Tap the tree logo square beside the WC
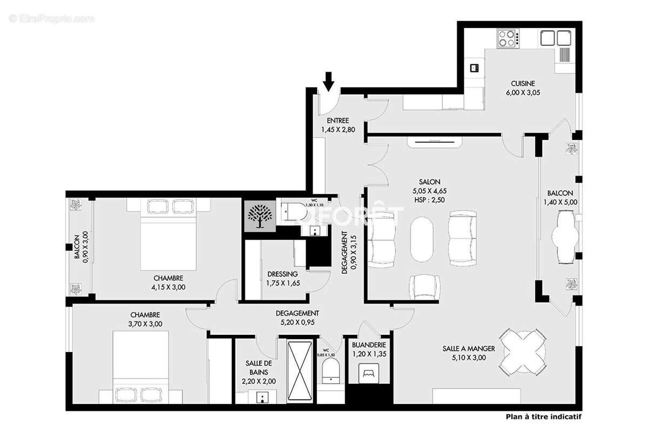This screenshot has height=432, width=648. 260,216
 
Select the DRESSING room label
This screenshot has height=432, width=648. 282,274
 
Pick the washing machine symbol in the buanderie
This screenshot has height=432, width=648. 369,372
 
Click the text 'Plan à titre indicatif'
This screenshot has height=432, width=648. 544,416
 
